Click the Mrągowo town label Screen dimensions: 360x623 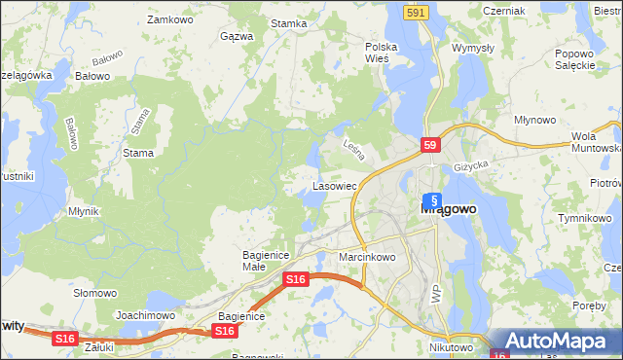click(447, 207)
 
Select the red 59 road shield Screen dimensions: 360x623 click(432, 145)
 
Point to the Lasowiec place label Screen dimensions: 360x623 click(334, 184)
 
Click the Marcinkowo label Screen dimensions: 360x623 click(367, 257)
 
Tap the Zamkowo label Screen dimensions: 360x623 click(166, 18)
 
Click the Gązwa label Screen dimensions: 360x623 click(237, 36)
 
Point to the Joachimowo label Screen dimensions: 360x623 click(145, 315)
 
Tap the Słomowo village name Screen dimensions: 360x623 click(95, 292)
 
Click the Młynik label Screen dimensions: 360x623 click(84, 210)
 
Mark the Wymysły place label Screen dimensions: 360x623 click(474, 47)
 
